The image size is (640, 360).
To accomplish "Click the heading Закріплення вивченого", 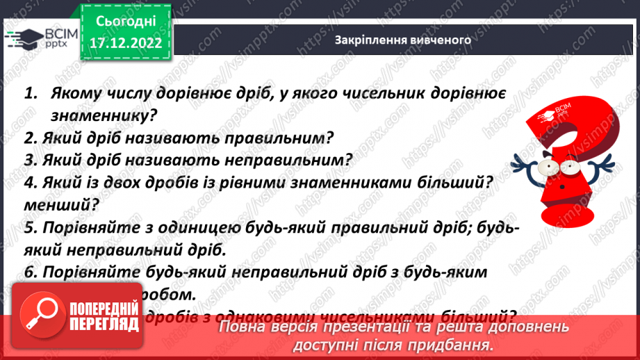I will click(x=403, y=40).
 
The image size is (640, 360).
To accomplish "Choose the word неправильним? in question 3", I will click(x=292, y=159).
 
